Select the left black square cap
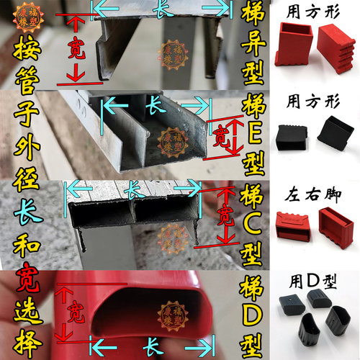point(294,134)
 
